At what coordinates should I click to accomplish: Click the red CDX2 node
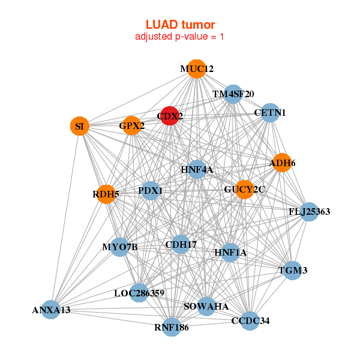tap(170, 115)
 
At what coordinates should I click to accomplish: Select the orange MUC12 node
tap(196, 69)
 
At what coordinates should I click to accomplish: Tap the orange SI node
tap(79, 126)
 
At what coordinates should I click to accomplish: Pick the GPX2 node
tap(132, 126)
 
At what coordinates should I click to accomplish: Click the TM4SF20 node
tap(233, 94)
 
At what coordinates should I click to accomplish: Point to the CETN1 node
tap(270, 113)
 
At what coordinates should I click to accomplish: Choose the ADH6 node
tap(283, 163)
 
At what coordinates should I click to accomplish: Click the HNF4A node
tap(197, 170)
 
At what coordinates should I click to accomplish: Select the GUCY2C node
tap(244, 190)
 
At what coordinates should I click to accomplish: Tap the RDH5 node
tap(106, 194)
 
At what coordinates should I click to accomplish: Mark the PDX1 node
tap(151, 191)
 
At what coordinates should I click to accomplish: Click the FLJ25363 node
tap(309, 211)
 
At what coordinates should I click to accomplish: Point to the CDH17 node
tap(181, 244)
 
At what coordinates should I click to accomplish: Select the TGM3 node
tap(293, 271)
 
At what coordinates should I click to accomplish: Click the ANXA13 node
tap(51, 310)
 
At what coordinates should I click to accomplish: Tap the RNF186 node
tap(172, 327)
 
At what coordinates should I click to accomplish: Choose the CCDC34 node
tap(250, 320)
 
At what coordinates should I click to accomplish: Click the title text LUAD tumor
tap(180, 25)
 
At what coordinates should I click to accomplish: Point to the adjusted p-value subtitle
tap(180, 37)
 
